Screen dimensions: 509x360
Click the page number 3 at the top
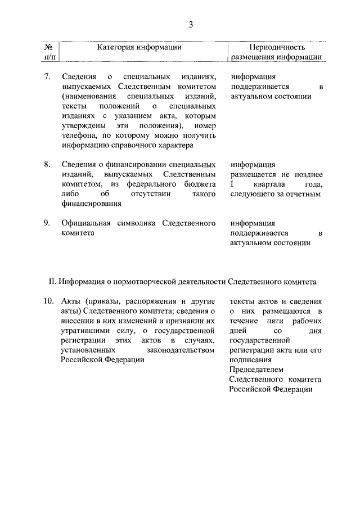pyautogui.click(x=191, y=24)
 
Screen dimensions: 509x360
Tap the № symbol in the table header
pyautogui.click(x=49, y=48)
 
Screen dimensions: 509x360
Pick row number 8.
pyautogui.click(x=48, y=165)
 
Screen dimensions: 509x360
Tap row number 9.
pyautogui.click(x=48, y=223)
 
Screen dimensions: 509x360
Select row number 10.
pyautogui.click(x=48, y=300)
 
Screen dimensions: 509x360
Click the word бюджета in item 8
pyautogui.click(x=198, y=184)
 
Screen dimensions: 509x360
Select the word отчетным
pyautogui.click(x=303, y=194)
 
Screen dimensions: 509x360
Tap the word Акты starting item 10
pyautogui.click(x=70, y=300)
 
